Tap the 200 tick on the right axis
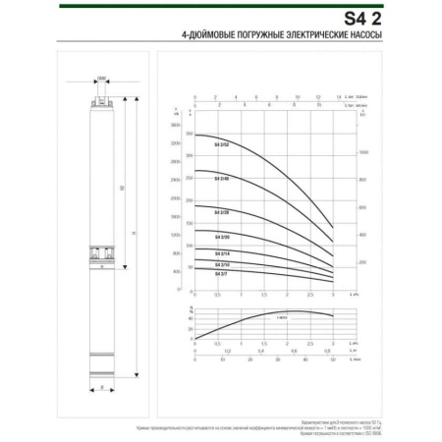tap(362, 263)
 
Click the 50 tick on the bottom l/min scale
tap(333, 360)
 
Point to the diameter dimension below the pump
tap(103, 388)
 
